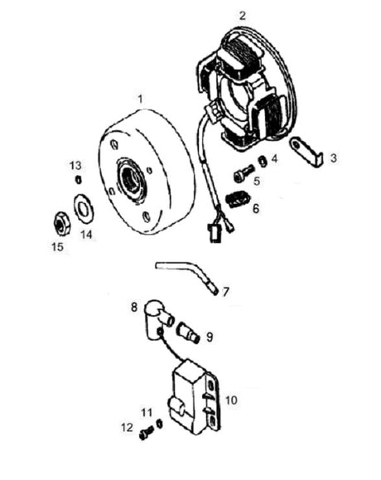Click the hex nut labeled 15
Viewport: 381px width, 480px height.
(62, 224)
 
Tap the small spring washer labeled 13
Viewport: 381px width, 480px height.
(79, 180)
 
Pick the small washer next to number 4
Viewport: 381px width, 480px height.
(263, 162)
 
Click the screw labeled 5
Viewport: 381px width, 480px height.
(244, 173)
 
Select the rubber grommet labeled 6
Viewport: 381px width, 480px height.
(237, 200)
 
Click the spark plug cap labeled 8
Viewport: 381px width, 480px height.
(157, 319)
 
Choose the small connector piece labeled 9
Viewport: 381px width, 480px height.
(189, 334)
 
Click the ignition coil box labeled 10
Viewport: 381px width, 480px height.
(194, 397)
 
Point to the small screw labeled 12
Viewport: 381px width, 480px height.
(147, 434)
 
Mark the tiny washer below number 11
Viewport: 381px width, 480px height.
(159, 424)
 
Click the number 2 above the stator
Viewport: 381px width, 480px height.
(242, 16)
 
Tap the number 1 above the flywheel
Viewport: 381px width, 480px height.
(140, 99)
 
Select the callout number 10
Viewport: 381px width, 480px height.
(231, 400)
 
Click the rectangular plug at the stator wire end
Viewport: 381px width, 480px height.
(214, 233)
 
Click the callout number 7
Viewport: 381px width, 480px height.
(225, 292)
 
